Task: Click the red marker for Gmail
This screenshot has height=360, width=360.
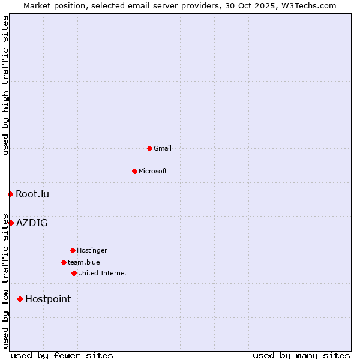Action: click(x=149, y=148)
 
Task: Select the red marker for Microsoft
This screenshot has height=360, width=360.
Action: click(x=134, y=171)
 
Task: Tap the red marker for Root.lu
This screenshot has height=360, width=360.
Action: click(x=10, y=194)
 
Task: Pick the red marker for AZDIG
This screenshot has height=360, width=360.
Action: click(x=11, y=223)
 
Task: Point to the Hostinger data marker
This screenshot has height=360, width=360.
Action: click(x=73, y=250)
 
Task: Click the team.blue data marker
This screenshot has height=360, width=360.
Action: click(x=64, y=262)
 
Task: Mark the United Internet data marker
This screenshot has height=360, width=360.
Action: click(x=74, y=273)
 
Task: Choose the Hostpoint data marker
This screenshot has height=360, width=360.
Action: click(x=20, y=299)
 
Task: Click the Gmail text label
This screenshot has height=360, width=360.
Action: click(x=163, y=148)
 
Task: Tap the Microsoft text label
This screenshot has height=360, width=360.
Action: click(x=153, y=171)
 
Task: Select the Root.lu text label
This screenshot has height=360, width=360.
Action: click(x=32, y=194)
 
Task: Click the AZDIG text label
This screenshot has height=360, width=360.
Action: click(x=32, y=223)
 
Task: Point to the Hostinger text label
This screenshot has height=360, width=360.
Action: click(x=92, y=250)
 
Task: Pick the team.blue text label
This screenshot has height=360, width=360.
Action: click(x=84, y=262)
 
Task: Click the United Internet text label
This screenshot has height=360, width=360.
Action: click(x=103, y=273)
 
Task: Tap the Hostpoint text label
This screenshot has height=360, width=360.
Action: click(x=48, y=299)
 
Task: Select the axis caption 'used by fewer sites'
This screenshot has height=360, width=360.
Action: click(x=62, y=355)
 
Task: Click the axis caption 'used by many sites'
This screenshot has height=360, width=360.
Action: click(x=301, y=355)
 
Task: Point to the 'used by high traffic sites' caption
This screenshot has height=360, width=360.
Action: click(x=5, y=85)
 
